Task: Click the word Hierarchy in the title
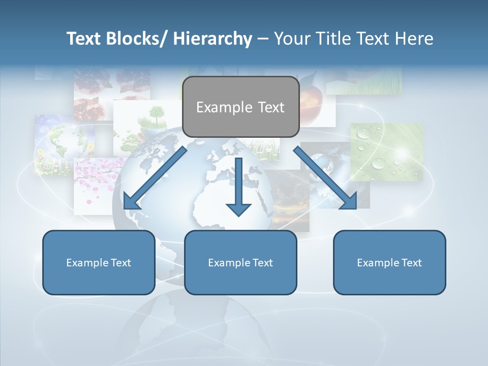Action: click(212, 39)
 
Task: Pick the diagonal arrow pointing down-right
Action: click(325, 178)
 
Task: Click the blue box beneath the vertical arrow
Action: click(240, 262)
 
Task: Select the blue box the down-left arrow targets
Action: click(99, 262)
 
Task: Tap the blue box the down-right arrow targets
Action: click(389, 262)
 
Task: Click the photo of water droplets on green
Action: click(387, 152)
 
